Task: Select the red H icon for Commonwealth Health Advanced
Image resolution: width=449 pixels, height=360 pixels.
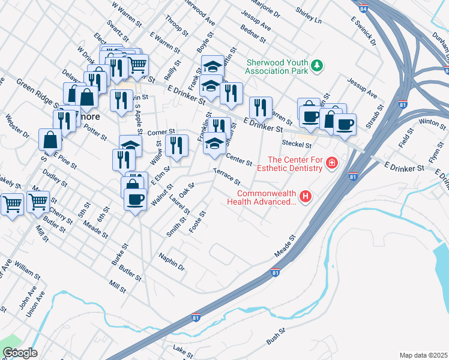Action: tap(306, 196)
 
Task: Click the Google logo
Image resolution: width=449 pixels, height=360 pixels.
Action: tap(20, 353)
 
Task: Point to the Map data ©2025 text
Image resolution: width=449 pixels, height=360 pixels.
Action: tap(423, 355)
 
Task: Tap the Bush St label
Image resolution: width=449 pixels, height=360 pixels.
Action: tap(275, 338)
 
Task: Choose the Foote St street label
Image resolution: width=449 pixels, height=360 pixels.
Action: tap(197, 222)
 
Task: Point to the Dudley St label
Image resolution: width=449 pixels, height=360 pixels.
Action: tap(55, 180)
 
